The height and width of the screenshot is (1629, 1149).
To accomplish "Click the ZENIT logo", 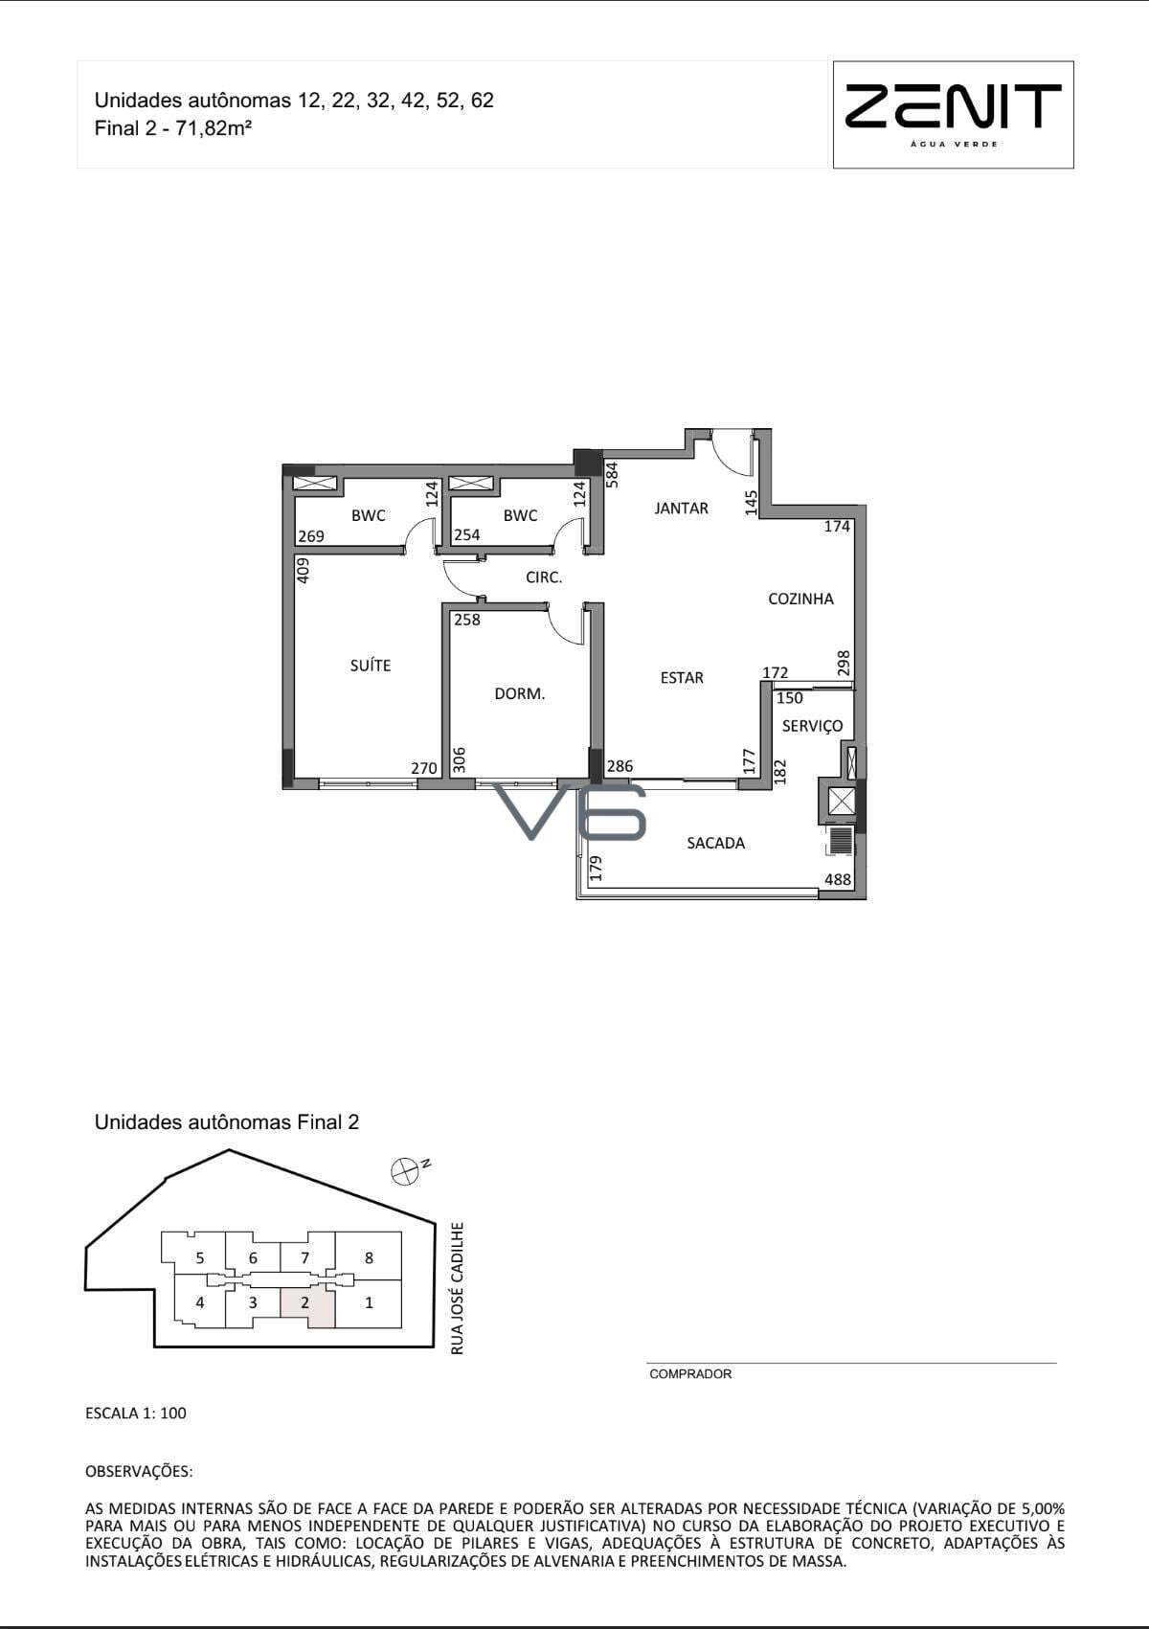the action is tap(953, 114).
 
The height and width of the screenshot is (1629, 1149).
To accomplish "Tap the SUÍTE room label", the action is tap(371, 666).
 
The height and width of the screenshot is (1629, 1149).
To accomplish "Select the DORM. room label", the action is tap(519, 693).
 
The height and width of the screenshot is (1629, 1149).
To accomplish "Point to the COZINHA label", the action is tap(800, 599).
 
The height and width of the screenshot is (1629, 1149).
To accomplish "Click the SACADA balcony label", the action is tap(715, 843).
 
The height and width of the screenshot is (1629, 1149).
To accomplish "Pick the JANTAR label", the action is tap(681, 509).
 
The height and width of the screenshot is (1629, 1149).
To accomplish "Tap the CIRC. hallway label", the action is tap(544, 577).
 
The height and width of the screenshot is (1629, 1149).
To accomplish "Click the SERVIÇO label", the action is tap(812, 726).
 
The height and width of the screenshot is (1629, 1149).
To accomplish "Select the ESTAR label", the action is tap(682, 678).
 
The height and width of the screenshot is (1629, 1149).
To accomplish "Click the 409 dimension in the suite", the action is tap(304, 570).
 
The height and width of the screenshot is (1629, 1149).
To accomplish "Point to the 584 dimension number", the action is tap(612, 474).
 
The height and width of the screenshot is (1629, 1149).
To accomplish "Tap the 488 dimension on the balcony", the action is tap(837, 879).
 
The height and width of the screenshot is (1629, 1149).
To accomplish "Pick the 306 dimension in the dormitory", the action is tap(459, 760).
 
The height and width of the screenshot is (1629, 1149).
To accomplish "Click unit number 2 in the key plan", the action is tap(304, 1302).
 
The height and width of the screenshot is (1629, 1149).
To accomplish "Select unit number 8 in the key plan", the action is tap(369, 1257).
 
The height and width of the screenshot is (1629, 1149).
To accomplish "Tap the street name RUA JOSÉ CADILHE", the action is tap(457, 1289).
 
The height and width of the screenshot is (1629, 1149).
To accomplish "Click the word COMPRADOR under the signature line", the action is tap(690, 1373).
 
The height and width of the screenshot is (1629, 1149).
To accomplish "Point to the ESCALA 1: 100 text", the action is tap(136, 1413).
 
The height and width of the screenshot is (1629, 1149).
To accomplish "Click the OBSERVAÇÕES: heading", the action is tap(139, 1471).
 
